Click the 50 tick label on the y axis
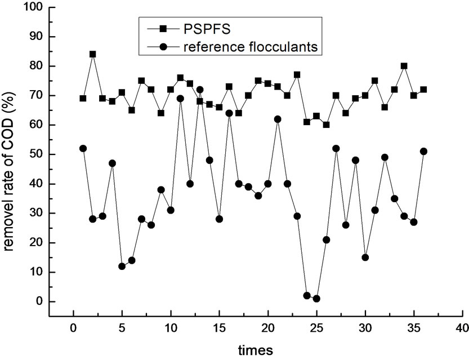(34, 154)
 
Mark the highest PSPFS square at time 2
(92, 55)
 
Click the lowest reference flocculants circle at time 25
(316, 299)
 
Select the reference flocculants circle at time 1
(83, 148)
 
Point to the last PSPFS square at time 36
(423, 90)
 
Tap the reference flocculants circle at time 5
(122, 266)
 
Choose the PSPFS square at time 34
(404, 66)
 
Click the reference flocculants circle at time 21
(278, 119)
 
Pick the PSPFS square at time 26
(326, 125)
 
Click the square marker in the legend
(162, 28)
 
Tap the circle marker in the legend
(162, 47)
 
